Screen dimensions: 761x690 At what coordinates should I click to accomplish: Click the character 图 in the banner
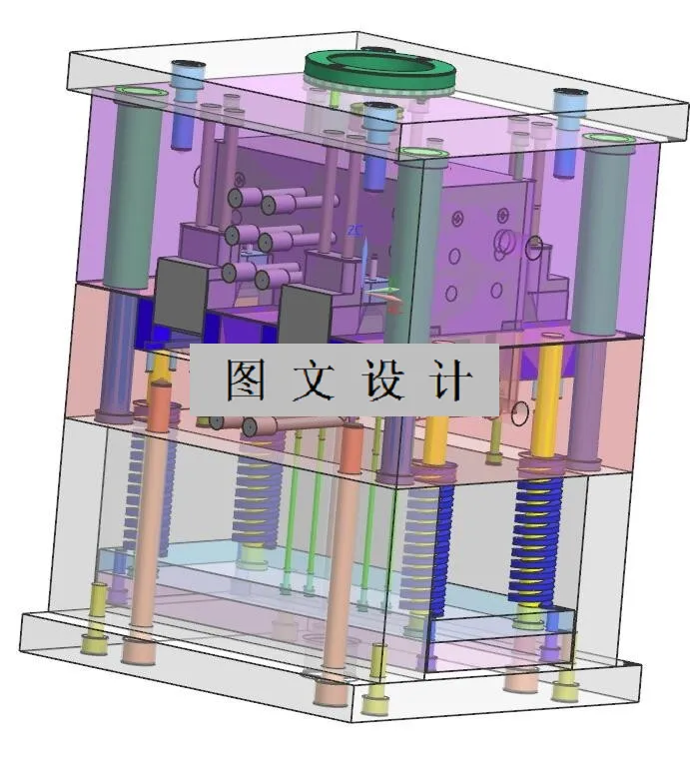[x=244, y=380]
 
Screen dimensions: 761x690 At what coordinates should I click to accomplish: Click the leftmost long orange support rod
[x=147, y=529]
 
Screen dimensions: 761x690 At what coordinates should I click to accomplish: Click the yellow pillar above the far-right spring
[x=544, y=409]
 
